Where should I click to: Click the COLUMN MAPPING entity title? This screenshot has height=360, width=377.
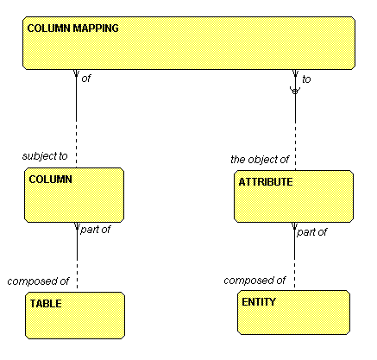click(x=72, y=28)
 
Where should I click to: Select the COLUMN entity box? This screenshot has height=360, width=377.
click(x=74, y=195)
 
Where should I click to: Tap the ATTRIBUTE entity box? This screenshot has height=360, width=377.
click(x=293, y=196)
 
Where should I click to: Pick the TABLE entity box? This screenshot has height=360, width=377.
click(x=75, y=315)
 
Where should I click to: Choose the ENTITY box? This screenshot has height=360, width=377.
click(x=293, y=313)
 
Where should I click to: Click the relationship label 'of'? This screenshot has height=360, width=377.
click(x=85, y=79)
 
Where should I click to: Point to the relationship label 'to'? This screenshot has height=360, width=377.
click(x=306, y=79)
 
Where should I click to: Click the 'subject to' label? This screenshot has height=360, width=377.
click(x=45, y=156)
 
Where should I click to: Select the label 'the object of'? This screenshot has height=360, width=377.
click(x=260, y=159)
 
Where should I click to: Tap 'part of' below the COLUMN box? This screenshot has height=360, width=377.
click(x=95, y=230)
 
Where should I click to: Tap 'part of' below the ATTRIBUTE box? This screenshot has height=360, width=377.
click(x=311, y=232)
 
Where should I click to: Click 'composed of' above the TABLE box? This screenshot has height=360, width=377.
click(x=38, y=281)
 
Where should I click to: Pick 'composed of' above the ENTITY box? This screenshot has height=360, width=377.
click(x=254, y=281)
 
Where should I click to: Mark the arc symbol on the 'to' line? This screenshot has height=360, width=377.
click(x=295, y=92)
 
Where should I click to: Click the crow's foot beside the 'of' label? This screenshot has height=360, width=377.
click(x=76, y=73)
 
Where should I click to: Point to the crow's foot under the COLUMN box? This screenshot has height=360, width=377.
click(x=77, y=226)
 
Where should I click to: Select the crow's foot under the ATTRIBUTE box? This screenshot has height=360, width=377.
click(x=294, y=226)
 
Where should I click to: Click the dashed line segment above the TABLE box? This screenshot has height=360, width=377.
click(x=77, y=274)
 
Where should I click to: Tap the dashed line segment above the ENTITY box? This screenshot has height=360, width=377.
click(x=294, y=273)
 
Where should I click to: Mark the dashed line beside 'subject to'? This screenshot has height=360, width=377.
click(x=76, y=144)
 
